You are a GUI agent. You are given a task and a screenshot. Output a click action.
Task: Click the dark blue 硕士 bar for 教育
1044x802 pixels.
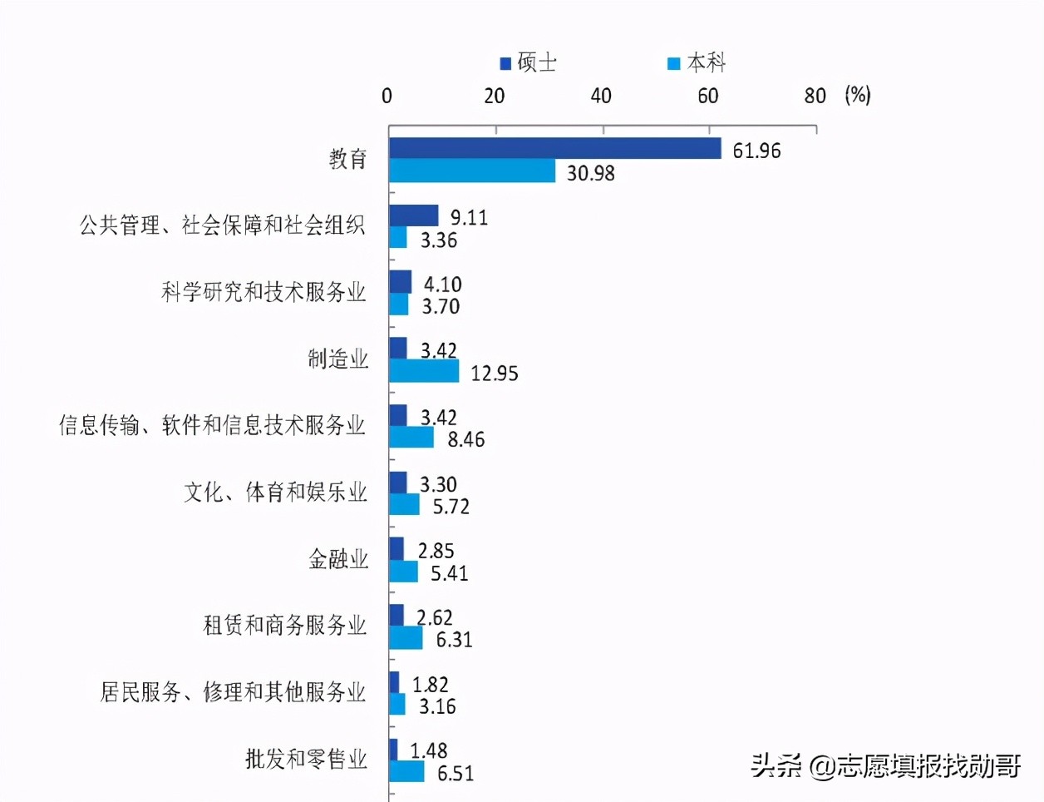[x=554, y=149]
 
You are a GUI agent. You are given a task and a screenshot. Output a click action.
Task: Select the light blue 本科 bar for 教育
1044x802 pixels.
[x=472, y=171]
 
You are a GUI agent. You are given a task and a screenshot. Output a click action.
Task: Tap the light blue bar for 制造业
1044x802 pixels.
[x=424, y=372]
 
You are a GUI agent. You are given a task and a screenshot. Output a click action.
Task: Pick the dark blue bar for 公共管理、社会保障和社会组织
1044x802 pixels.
[x=413, y=216]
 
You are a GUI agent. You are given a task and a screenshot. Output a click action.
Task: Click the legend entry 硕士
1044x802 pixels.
[x=528, y=63]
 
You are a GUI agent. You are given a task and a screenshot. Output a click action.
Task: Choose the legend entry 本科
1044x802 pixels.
[x=697, y=63]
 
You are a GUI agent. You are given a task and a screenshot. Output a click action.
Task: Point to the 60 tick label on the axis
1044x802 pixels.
[x=707, y=96]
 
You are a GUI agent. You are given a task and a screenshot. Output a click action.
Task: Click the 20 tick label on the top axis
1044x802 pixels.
[x=495, y=96]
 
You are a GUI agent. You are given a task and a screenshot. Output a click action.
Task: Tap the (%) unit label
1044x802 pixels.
[x=857, y=95]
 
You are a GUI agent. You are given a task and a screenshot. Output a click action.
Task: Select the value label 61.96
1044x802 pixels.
[x=756, y=151]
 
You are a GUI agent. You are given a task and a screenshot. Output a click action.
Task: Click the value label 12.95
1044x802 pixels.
[x=495, y=374]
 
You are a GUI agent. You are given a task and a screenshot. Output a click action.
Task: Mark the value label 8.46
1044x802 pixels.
[x=465, y=440]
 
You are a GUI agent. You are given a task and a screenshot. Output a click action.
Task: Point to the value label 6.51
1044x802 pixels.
[x=456, y=774]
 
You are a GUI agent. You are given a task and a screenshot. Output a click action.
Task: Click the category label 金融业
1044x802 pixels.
[x=338, y=559]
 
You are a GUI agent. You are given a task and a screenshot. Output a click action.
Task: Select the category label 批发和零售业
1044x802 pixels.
[x=306, y=759]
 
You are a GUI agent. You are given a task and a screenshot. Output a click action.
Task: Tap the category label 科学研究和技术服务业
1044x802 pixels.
[x=263, y=292]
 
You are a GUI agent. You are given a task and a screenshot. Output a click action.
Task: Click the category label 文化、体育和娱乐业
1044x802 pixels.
[x=275, y=493]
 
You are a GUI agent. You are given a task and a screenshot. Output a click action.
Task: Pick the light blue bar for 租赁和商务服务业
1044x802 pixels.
[x=406, y=638]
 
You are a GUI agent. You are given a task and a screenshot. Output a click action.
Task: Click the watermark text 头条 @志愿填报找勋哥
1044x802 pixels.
[x=885, y=765]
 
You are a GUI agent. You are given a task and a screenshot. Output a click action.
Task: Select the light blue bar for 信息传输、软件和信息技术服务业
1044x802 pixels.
[x=411, y=438]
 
